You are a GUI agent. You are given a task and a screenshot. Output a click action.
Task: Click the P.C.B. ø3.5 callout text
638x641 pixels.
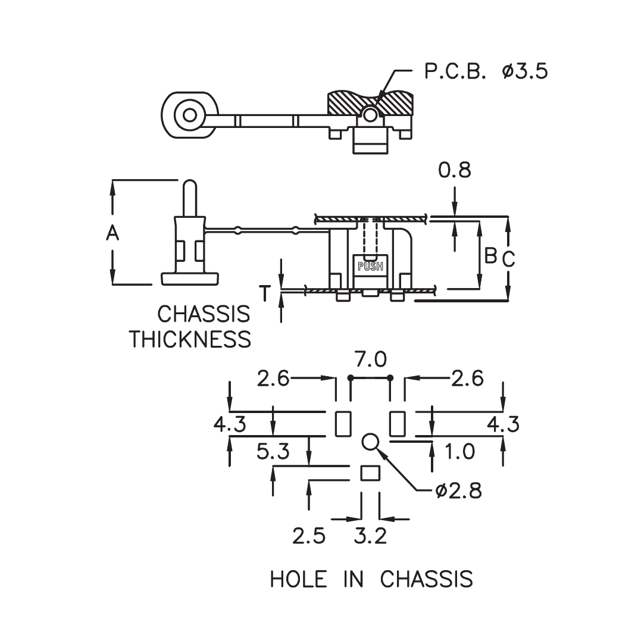[x=486, y=71]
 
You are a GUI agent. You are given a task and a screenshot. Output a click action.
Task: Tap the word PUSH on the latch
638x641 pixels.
[x=370, y=267]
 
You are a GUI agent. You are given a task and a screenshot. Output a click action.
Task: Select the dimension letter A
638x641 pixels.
[x=112, y=233]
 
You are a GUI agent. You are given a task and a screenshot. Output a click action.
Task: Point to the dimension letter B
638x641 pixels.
[x=490, y=255]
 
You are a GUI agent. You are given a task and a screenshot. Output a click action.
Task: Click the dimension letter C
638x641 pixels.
[x=508, y=259]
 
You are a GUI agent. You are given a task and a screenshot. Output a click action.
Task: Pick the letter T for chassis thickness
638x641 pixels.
[x=265, y=293]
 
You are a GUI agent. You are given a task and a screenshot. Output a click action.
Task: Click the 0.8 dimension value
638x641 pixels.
[x=455, y=170]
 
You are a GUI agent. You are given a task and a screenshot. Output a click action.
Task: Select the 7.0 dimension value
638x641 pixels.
[x=370, y=359]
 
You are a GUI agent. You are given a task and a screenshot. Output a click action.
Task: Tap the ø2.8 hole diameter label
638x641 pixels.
[x=459, y=490]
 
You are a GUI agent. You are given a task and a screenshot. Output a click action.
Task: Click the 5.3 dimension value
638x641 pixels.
[x=273, y=451]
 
